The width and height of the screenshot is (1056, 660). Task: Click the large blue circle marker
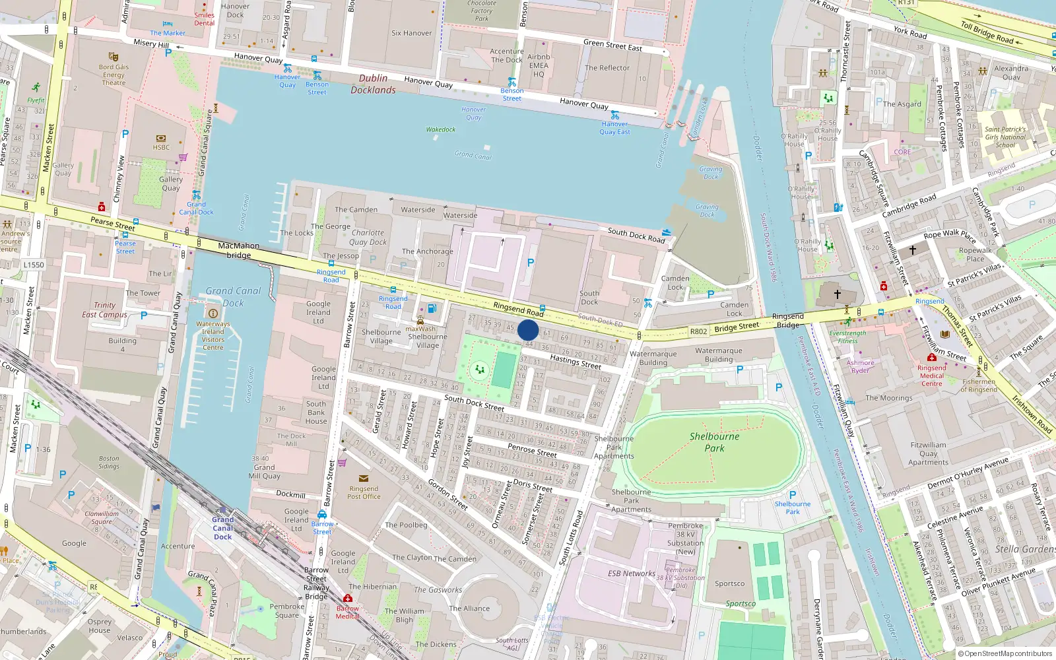[x=528, y=330]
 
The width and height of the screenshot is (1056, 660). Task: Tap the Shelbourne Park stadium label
[x=714, y=442]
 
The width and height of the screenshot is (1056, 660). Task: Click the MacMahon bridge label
[x=239, y=250]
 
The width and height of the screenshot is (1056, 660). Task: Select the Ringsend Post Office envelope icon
[x=364, y=478]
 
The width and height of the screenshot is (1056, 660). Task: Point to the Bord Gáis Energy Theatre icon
[x=114, y=57]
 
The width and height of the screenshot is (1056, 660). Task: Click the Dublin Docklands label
[x=374, y=84]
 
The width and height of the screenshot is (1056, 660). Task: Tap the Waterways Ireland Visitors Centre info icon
[x=213, y=313]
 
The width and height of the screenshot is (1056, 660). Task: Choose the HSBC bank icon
[x=161, y=138]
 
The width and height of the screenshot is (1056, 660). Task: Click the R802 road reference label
[x=698, y=331]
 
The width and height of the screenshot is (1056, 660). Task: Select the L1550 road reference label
[x=34, y=265]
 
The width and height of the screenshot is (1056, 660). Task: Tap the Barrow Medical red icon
[x=348, y=599]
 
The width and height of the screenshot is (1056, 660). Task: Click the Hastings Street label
[x=576, y=361]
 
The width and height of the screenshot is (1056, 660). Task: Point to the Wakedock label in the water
[x=440, y=129]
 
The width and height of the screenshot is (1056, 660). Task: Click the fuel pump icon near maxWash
[x=432, y=308]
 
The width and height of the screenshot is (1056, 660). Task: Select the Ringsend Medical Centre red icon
[x=931, y=358]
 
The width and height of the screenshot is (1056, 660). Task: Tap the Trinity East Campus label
[x=104, y=310]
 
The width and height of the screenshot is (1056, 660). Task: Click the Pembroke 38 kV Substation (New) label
[x=685, y=539]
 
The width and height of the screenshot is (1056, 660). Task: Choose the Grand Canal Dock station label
[x=223, y=528]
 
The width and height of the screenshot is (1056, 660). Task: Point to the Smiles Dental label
[x=204, y=19]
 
